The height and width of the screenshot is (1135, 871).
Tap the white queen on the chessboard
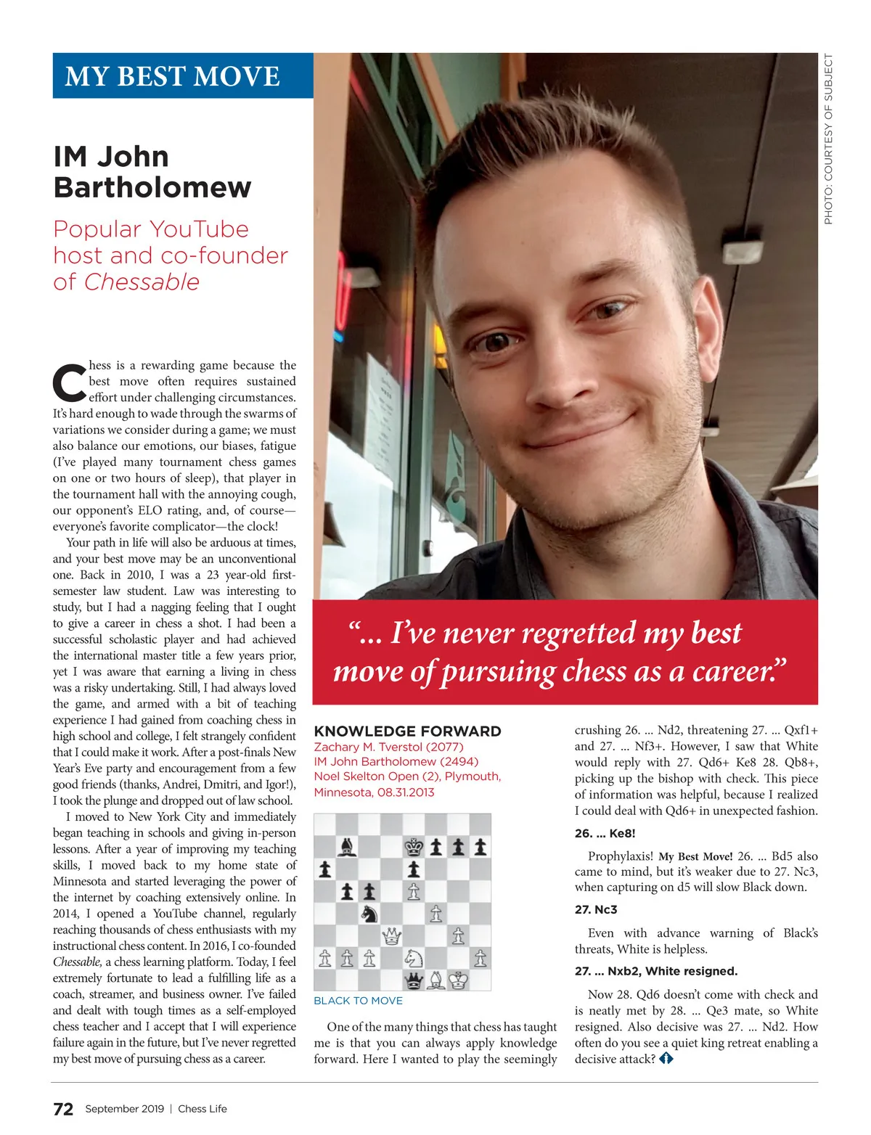tap(391, 936)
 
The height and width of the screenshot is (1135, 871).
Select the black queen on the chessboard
tap(414, 980)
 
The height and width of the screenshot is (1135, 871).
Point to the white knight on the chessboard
tap(414, 959)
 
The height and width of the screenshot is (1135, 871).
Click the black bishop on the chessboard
tap(347, 847)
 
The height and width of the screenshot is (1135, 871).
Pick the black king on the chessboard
tap(414, 847)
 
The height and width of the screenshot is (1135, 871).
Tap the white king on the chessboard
tap(458, 980)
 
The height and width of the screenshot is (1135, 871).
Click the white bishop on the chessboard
tap(435, 980)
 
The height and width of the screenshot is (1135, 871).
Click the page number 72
tap(63, 1109)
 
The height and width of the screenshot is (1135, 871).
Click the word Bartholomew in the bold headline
tap(152, 187)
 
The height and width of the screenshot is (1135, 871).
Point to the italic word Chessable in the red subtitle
tap(142, 282)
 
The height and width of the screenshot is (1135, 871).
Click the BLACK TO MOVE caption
tap(358, 1001)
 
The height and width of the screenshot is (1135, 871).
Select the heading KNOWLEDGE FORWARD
tap(407, 732)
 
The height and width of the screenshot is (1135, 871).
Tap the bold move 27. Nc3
tap(595, 909)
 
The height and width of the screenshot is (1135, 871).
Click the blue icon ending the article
tap(666, 1059)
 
